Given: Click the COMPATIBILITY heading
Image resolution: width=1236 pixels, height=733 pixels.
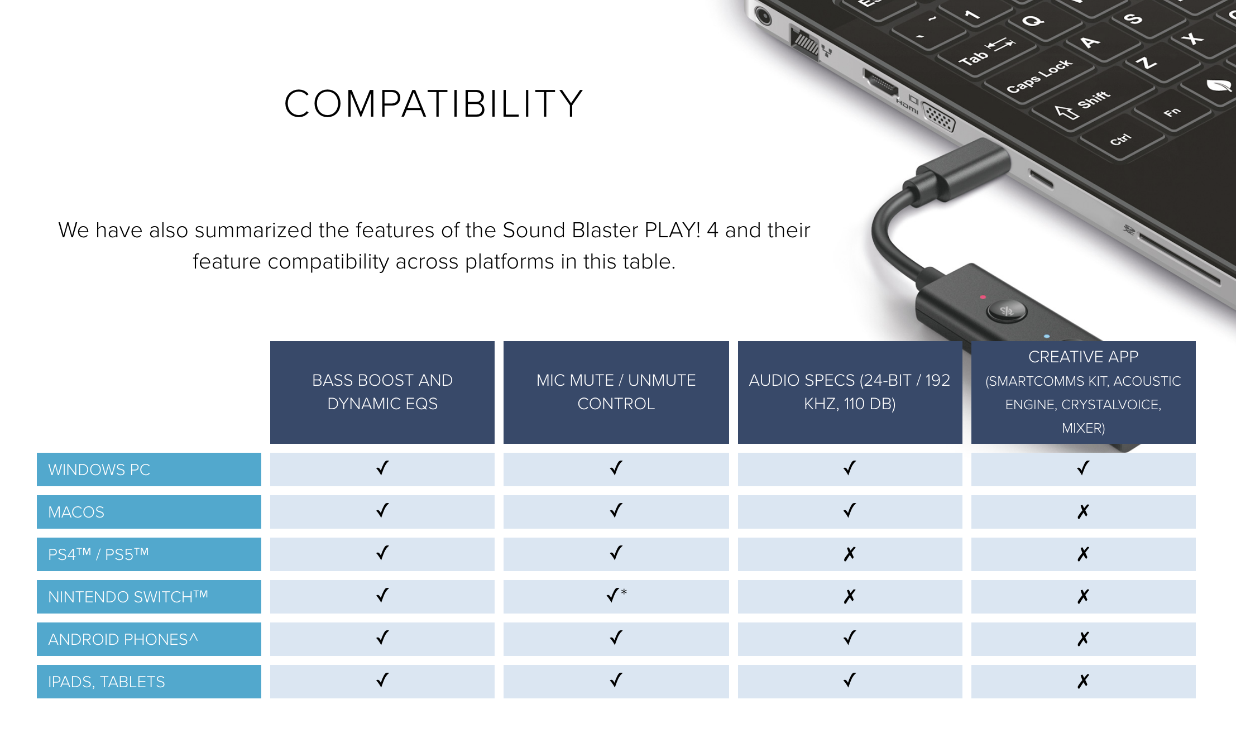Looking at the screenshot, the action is [x=434, y=104].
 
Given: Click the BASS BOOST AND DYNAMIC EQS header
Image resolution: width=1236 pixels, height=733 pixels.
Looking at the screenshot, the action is [x=382, y=392].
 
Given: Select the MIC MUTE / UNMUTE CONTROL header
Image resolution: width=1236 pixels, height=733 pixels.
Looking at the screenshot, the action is [x=616, y=392].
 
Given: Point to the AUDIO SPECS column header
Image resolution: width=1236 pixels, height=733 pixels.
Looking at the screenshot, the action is [x=850, y=392].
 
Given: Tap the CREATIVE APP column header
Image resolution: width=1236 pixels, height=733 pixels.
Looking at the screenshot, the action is [x=1084, y=392].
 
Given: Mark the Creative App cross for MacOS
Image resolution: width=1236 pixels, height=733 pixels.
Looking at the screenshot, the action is [x=1084, y=511].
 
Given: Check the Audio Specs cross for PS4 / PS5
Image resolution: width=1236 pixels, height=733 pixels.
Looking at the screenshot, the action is [x=850, y=554].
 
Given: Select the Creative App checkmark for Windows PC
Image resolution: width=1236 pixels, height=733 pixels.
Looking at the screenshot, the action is [x=1084, y=468].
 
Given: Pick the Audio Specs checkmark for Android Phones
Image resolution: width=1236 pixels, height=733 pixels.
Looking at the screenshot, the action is [x=850, y=638].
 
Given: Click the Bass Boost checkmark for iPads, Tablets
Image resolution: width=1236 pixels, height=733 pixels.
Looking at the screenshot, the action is [x=382, y=680].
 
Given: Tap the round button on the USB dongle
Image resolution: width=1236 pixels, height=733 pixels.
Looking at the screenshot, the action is [x=1007, y=311].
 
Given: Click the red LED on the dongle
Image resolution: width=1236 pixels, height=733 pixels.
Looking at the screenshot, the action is [x=983, y=297].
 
